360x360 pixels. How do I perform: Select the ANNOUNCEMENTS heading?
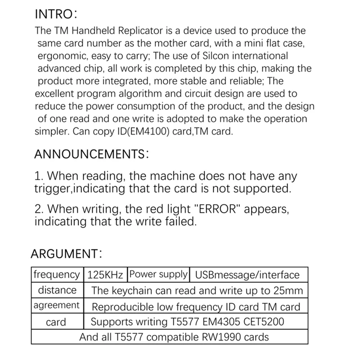[x=92, y=154]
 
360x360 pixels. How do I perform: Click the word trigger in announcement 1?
[x=52, y=188]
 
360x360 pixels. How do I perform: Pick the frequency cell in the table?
[x=56, y=274]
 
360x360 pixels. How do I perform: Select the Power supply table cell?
[x=158, y=274]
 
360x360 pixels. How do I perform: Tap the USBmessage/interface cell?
[x=245, y=274]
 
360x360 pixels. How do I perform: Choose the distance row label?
[x=57, y=290]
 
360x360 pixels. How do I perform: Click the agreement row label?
[x=56, y=305]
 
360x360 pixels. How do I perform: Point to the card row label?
[x=56, y=322]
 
